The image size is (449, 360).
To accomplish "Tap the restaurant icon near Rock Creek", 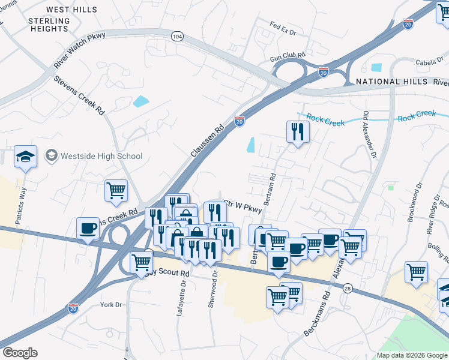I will tap(298, 132).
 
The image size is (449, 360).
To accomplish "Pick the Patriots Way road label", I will tap(22, 205).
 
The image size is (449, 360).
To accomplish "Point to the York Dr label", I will tap(111, 305).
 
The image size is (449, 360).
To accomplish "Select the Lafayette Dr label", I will tap(181, 300).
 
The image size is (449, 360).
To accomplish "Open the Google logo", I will tap(20, 353).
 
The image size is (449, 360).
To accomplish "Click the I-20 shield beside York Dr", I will tap(73, 308).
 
